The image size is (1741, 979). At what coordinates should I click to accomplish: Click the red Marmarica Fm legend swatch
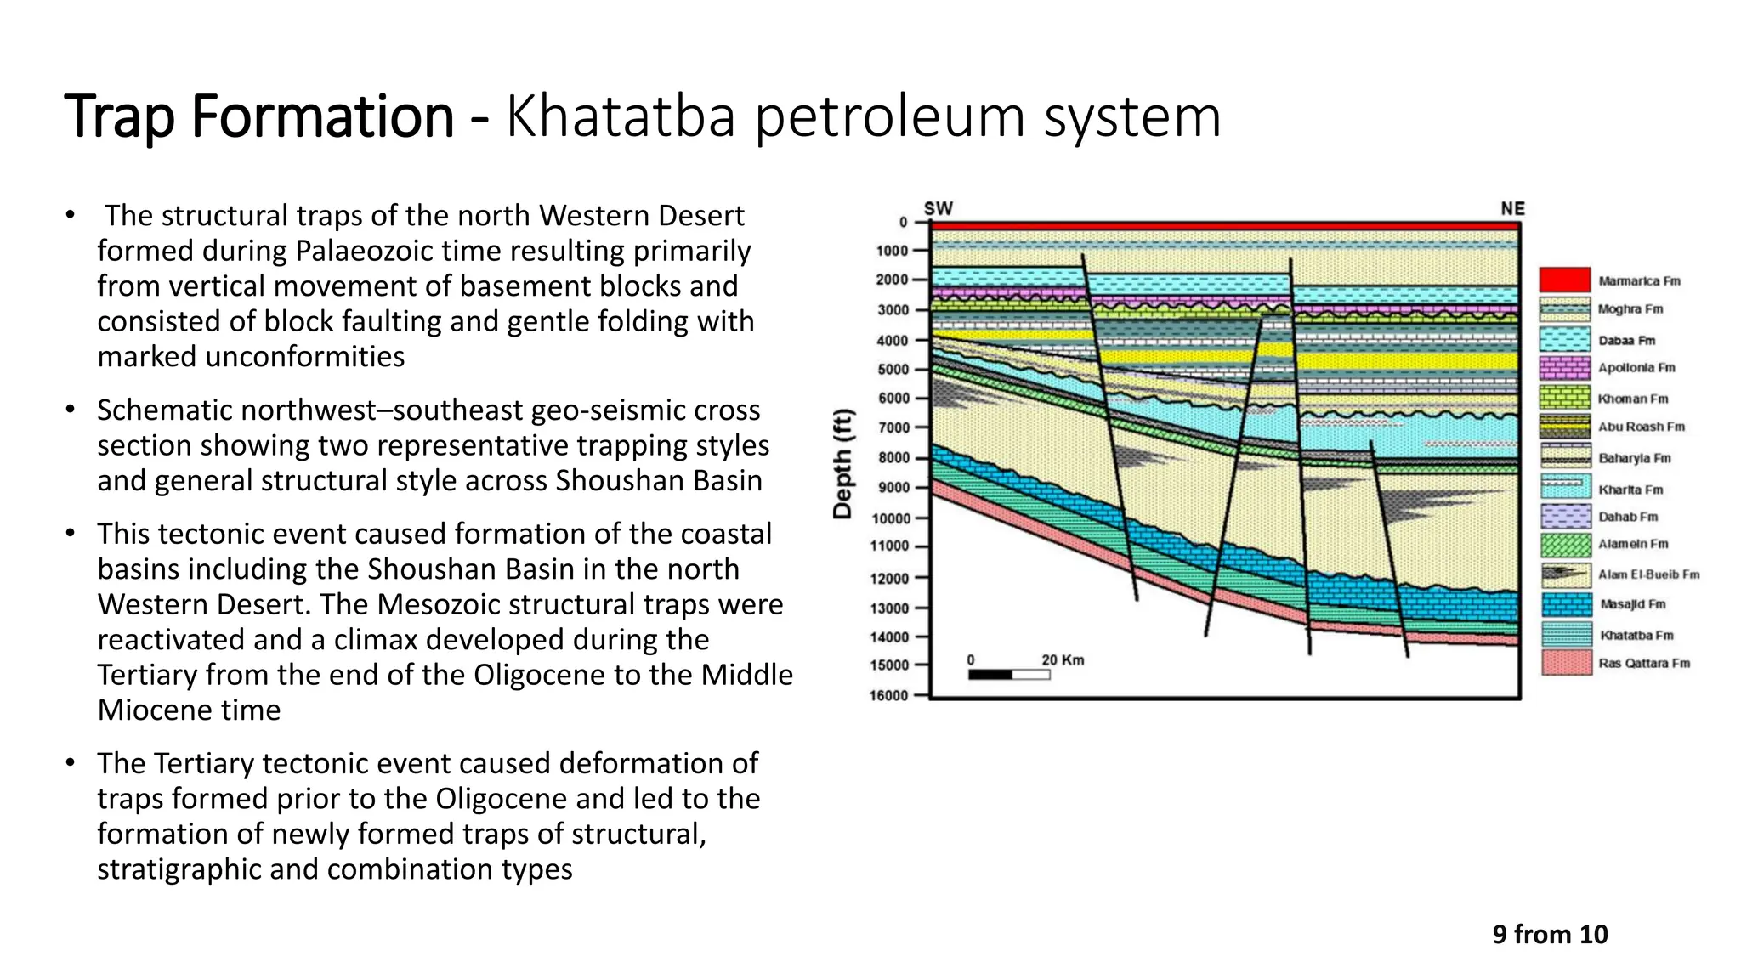tap(1564, 280)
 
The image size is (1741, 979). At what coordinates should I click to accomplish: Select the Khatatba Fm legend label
tap(1636, 636)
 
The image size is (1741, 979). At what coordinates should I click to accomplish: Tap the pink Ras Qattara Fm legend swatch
tap(1566, 663)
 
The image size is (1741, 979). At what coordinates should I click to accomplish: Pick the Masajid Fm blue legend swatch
tap(1566, 604)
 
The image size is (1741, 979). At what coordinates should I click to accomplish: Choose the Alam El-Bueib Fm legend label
tap(1648, 574)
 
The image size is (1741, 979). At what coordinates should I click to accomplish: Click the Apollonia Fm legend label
tap(1636, 368)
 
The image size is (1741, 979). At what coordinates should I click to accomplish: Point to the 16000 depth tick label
tap(888, 695)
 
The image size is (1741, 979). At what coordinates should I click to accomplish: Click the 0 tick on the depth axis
tap(903, 223)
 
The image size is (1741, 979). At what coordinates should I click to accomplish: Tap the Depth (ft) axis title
tap(842, 463)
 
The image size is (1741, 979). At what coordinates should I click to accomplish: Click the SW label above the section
tap(938, 208)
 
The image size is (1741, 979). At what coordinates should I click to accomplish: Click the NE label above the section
tap(1512, 208)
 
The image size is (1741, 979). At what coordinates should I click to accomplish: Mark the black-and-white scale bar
tap(1009, 675)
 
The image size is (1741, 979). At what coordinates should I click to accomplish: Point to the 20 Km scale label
tap(1063, 660)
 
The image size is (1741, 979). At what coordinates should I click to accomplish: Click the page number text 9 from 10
tap(1550, 935)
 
